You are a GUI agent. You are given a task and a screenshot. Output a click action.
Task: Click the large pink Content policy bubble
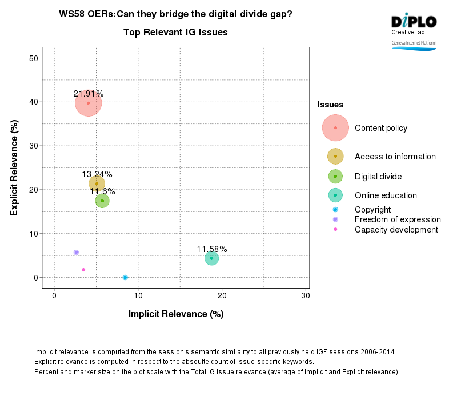(x=88, y=103)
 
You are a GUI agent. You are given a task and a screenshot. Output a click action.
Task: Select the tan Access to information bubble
(x=97, y=183)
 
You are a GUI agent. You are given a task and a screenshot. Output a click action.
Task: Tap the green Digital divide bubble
(x=102, y=201)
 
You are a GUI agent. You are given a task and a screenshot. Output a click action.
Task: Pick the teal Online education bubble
(x=212, y=258)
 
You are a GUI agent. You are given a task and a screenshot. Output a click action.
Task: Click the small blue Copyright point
(x=125, y=277)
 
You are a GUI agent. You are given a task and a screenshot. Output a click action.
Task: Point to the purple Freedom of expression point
(x=76, y=252)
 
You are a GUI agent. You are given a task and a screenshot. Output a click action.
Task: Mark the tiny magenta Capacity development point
(x=83, y=270)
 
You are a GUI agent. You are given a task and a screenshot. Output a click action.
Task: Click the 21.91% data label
(x=88, y=94)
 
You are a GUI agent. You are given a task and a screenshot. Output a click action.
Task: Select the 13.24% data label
(x=97, y=174)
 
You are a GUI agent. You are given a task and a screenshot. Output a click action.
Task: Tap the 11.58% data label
(x=212, y=249)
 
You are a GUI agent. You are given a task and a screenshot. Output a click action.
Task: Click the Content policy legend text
(x=381, y=128)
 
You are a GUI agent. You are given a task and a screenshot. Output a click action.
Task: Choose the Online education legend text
(x=386, y=195)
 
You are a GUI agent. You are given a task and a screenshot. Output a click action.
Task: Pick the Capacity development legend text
(x=396, y=230)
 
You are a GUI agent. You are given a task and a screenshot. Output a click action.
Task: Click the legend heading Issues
(x=330, y=105)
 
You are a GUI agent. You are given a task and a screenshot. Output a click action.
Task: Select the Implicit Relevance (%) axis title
(x=175, y=314)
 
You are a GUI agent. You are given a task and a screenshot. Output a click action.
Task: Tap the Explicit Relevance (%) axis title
(x=14, y=167)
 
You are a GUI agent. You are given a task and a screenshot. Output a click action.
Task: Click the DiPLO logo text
(x=414, y=22)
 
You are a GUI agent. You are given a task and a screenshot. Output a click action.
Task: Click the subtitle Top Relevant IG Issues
(x=175, y=33)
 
